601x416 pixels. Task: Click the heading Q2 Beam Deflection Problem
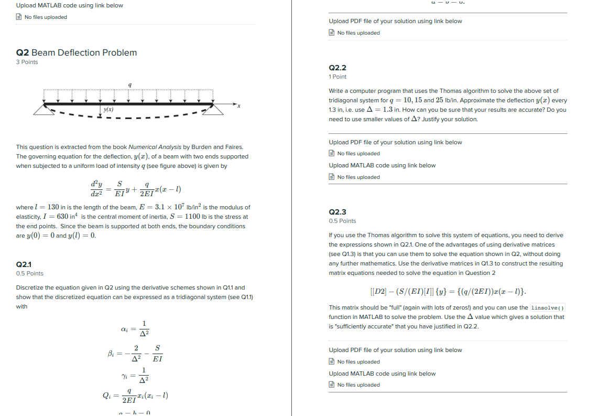(x=77, y=52)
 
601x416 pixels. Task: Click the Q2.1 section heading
(x=24, y=264)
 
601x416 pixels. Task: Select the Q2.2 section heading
(x=337, y=68)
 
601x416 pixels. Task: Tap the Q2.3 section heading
(x=337, y=212)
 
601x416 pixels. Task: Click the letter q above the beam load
(x=129, y=84)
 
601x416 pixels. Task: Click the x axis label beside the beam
(x=238, y=106)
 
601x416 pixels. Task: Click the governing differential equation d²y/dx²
(x=135, y=189)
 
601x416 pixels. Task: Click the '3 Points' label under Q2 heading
(x=27, y=62)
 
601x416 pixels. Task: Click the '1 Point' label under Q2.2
(x=337, y=77)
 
